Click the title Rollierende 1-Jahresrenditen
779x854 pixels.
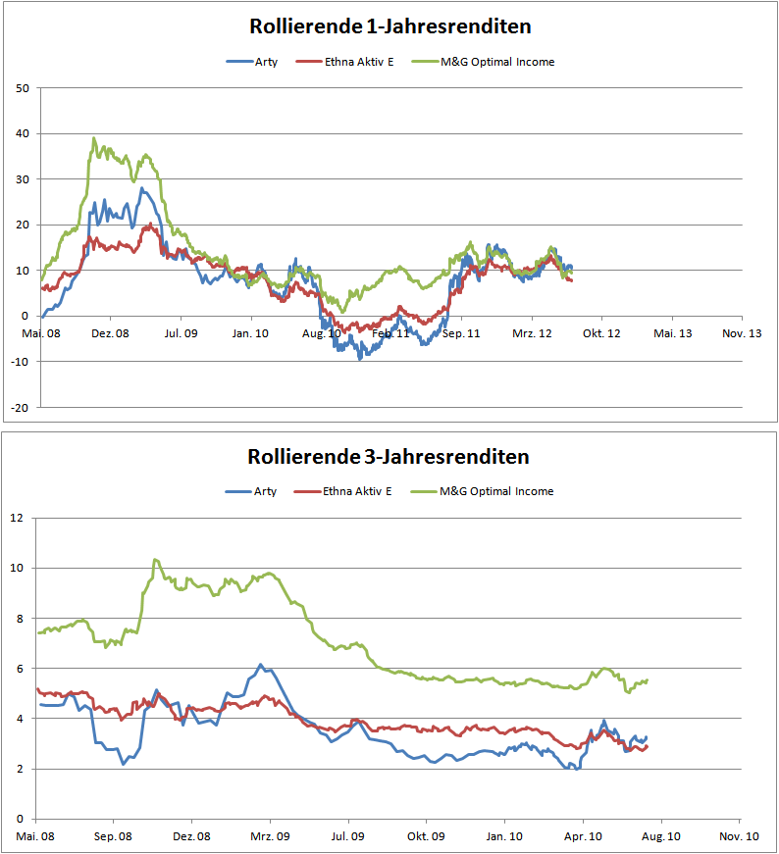[x=389, y=25]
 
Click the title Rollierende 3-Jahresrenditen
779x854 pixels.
[x=389, y=457]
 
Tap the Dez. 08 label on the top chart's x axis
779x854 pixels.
[x=110, y=333]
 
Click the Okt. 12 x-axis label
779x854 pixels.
[x=601, y=333]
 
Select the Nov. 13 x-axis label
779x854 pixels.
[x=742, y=333]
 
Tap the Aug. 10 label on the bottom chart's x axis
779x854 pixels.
[x=660, y=836]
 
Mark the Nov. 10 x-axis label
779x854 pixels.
[x=739, y=836]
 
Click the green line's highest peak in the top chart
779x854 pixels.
[x=94, y=138]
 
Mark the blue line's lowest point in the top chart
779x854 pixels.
[x=360, y=359]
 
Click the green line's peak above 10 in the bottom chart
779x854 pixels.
[x=155, y=560]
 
